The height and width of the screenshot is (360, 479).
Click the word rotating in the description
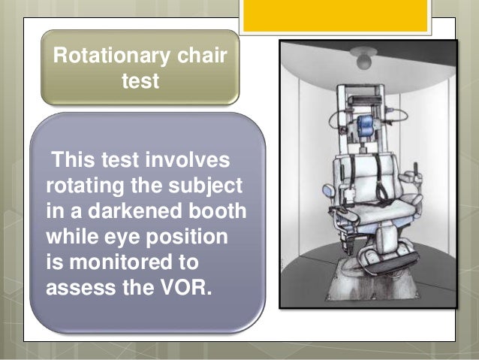pos(86,184)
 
